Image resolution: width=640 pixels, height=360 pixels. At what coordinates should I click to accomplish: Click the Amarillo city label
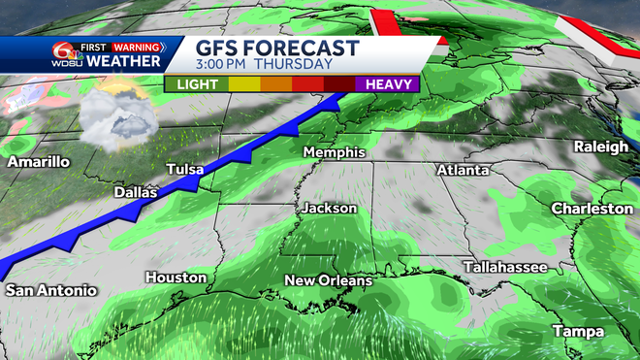tap(39, 162)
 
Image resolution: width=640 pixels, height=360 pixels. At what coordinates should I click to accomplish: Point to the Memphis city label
tap(334, 153)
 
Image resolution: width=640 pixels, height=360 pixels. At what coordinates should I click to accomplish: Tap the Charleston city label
tap(592, 209)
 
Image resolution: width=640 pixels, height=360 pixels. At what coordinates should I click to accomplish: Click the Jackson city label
tap(330, 208)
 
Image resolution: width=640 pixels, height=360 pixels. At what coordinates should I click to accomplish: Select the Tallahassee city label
tap(504, 266)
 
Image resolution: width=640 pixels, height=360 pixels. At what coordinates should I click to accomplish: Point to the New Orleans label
tap(328, 280)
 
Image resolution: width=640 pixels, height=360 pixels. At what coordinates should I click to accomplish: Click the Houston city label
tap(176, 278)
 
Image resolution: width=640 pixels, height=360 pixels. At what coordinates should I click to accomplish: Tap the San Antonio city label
tap(51, 290)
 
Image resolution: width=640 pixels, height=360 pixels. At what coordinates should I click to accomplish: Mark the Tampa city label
tap(578, 332)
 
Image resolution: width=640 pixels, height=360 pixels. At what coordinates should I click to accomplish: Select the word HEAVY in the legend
tap(387, 84)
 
